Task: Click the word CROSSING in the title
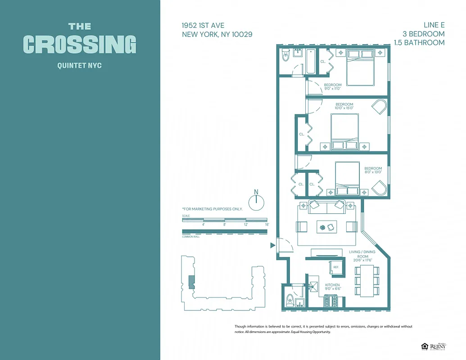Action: click(x=80, y=44)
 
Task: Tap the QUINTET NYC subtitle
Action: click(x=80, y=66)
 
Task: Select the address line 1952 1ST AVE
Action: click(x=203, y=26)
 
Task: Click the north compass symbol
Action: click(x=256, y=201)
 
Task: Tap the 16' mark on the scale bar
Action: click(x=267, y=224)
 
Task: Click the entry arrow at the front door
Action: click(x=272, y=245)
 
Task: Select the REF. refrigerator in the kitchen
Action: click(x=336, y=267)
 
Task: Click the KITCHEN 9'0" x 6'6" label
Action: click(x=332, y=287)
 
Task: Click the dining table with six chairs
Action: click(x=368, y=280)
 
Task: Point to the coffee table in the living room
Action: click(x=326, y=226)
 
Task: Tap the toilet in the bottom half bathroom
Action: click(x=290, y=299)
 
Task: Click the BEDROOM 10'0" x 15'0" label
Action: click(x=344, y=106)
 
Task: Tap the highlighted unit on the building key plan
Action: click(x=191, y=282)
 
